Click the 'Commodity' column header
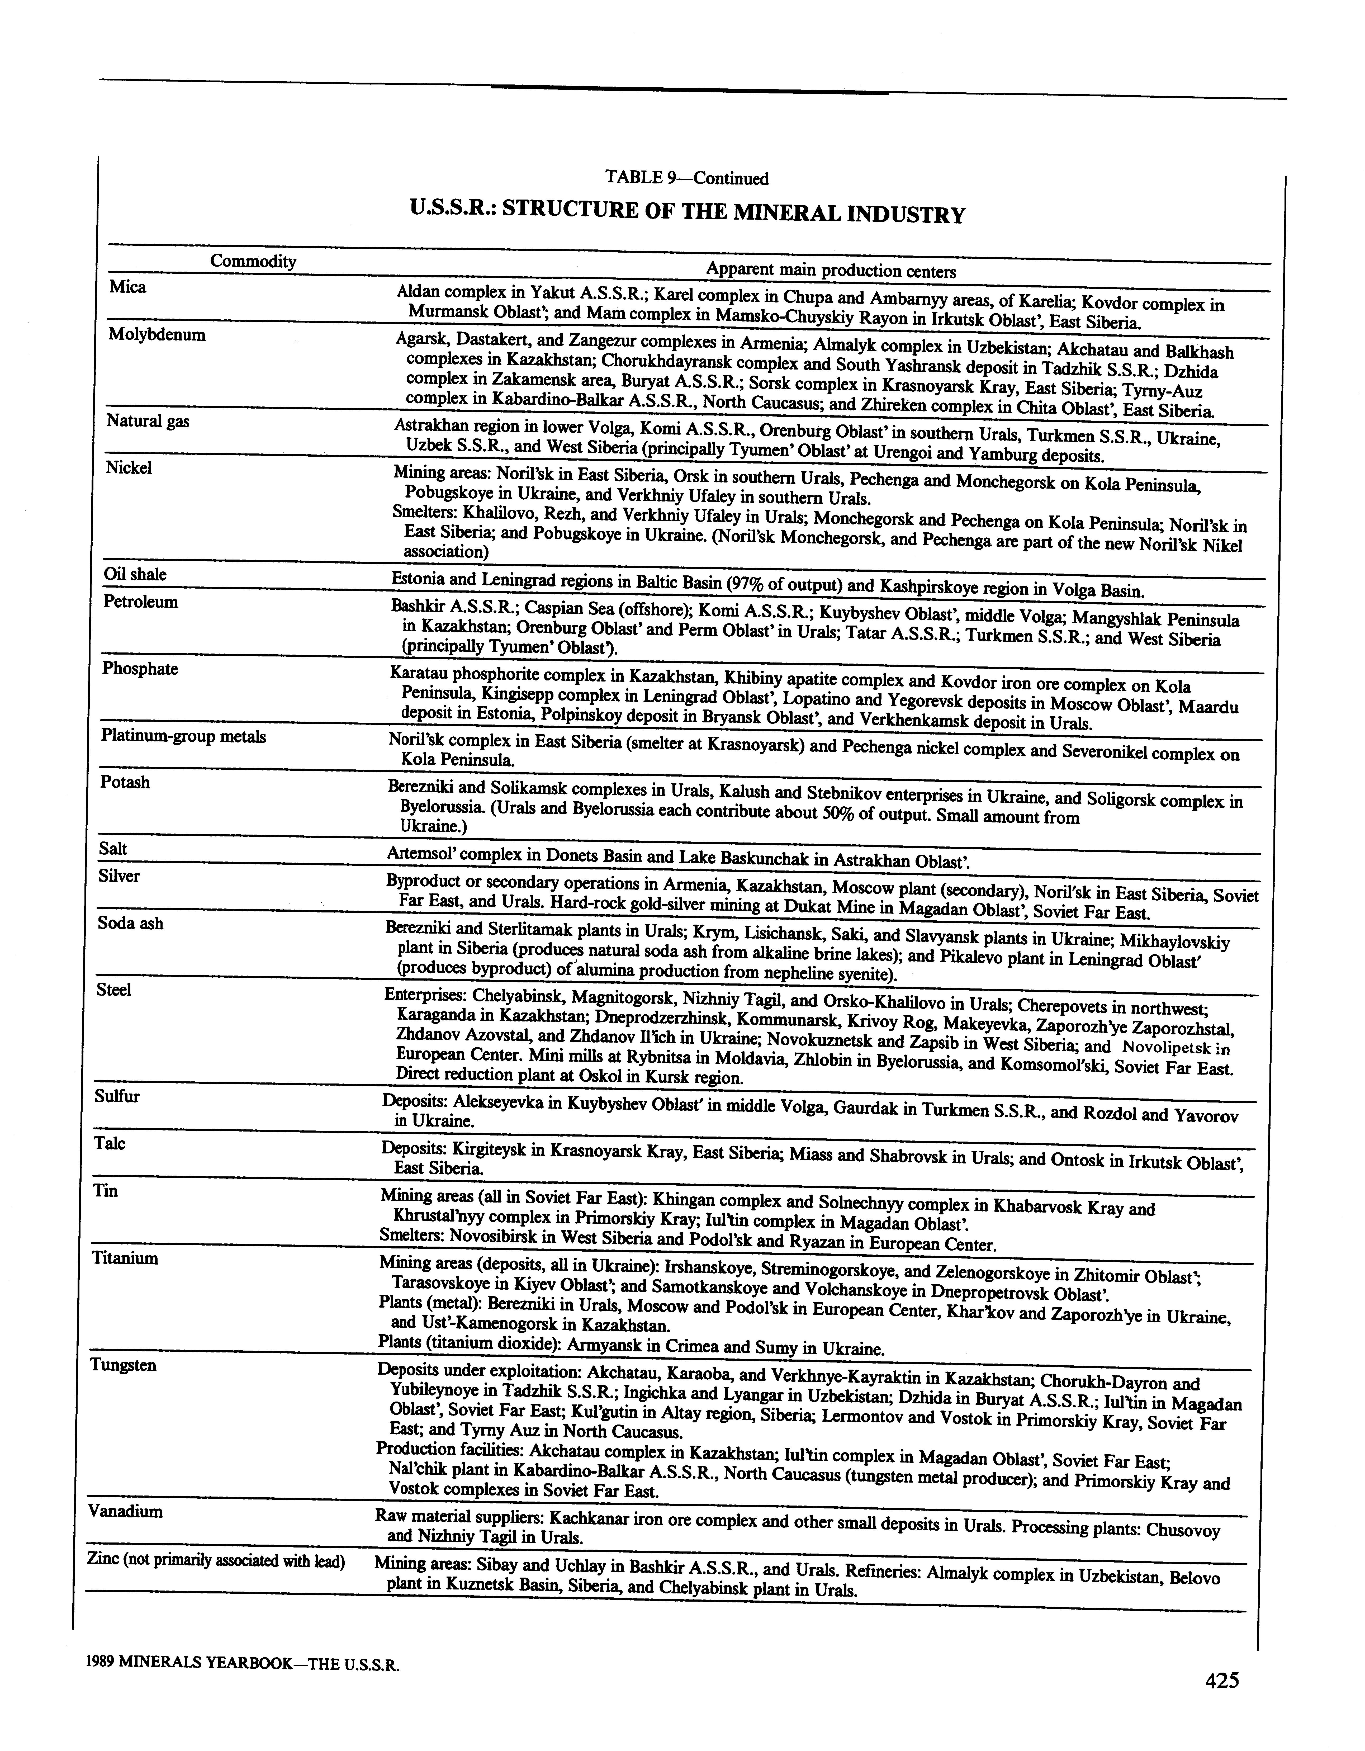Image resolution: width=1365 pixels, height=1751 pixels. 253,261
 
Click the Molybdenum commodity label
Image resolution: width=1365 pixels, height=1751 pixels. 157,335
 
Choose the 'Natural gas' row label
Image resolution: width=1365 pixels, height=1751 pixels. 148,421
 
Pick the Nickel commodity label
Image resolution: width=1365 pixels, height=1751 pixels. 128,468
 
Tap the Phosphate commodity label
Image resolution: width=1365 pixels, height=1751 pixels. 140,669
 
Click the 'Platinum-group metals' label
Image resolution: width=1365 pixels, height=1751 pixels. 183,736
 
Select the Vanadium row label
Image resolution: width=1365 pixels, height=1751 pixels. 126,1511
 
